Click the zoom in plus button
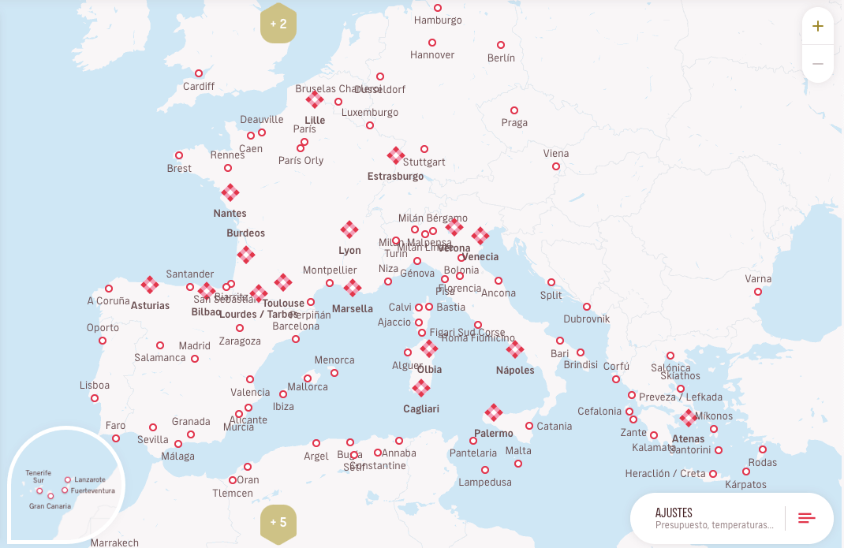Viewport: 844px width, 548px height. [x=818, y=27]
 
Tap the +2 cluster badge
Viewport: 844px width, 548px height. [x=278, y=24]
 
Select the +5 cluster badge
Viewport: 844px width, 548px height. [x=278, y=522]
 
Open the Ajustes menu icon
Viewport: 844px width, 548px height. [x=807, y=518]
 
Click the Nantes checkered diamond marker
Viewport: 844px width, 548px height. [x=230, y=192]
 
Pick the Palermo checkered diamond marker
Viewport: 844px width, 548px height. [x=494, y=412]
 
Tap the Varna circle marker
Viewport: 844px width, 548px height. [x=758, y=292]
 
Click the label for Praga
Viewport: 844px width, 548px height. [x=514, y=123]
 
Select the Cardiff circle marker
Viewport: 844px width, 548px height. [x=199, y=73]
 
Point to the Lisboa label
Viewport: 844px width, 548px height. [x=95, y=386]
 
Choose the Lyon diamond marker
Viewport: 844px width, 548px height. [x=349, y=229]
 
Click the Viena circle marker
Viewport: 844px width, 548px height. [x=556, y=166]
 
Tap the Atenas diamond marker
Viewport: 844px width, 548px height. [x=689, y=418]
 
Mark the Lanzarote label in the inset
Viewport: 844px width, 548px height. [x=89, y=479]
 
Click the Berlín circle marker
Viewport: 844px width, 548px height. [x=501, y=45]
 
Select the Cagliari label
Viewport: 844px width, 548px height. [x=421, y=409]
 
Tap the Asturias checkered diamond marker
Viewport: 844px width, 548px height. [x=150, y=285]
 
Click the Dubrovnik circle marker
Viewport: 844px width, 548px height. [x=587, y=307]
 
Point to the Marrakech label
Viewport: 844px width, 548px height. [x=114, y=542]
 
